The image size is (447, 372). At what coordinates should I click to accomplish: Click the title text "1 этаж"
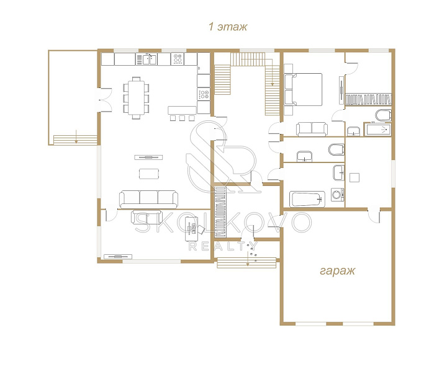[228, 27]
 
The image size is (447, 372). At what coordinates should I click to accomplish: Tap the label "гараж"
[338, 271]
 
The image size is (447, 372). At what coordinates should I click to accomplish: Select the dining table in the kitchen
[136, 97]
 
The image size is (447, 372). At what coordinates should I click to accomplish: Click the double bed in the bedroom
[304, 89]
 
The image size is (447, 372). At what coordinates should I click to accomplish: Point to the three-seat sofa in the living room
[148, 199]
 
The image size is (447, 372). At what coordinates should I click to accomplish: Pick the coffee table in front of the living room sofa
[149, 174]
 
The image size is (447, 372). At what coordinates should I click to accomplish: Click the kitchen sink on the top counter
[150, 59]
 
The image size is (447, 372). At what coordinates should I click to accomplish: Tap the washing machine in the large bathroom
[338, 195]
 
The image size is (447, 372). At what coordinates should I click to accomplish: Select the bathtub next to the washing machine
[307, 199]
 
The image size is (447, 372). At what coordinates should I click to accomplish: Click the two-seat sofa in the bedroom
[312, 129]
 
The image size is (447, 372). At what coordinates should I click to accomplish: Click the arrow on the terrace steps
[76, 136]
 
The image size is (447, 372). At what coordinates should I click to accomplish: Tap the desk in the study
[192, 229]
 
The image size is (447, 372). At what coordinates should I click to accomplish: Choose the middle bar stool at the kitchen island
[182, 118]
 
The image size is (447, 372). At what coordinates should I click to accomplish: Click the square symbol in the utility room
[354, 177]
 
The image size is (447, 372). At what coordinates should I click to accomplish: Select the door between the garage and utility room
[374, 216]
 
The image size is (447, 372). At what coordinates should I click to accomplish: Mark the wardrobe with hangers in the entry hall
[220, 212]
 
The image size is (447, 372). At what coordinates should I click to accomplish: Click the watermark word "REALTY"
[223, 246]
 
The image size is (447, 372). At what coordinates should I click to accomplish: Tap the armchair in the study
[201, 229]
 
